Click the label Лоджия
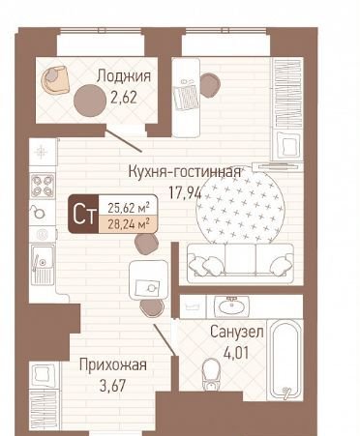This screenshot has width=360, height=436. (124, 76)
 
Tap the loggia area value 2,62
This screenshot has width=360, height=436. (124, 97)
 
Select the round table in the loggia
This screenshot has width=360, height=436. (90, 101)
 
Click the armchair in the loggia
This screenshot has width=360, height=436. (55, 80)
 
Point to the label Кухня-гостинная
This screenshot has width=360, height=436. (185, 172)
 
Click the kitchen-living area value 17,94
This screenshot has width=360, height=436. (185, 192)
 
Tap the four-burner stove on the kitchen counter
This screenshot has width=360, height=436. (43, 186)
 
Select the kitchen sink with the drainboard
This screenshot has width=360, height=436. (43, 264)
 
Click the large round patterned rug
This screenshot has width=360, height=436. (240, 206)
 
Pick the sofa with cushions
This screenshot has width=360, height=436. (240, 260)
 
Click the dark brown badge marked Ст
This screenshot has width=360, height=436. (83, 214)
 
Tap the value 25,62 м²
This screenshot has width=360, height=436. (129, 208)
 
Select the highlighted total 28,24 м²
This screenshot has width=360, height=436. (129, 223)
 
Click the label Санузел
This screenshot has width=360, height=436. (237, 332)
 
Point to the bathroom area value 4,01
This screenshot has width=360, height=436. (236, 353)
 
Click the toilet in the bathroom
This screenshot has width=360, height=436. (211, 374)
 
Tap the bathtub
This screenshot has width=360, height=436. (285, 360)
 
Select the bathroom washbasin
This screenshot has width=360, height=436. (231, 306)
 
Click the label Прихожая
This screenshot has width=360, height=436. (113, 365)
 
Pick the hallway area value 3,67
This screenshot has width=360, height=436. (112, 386)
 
